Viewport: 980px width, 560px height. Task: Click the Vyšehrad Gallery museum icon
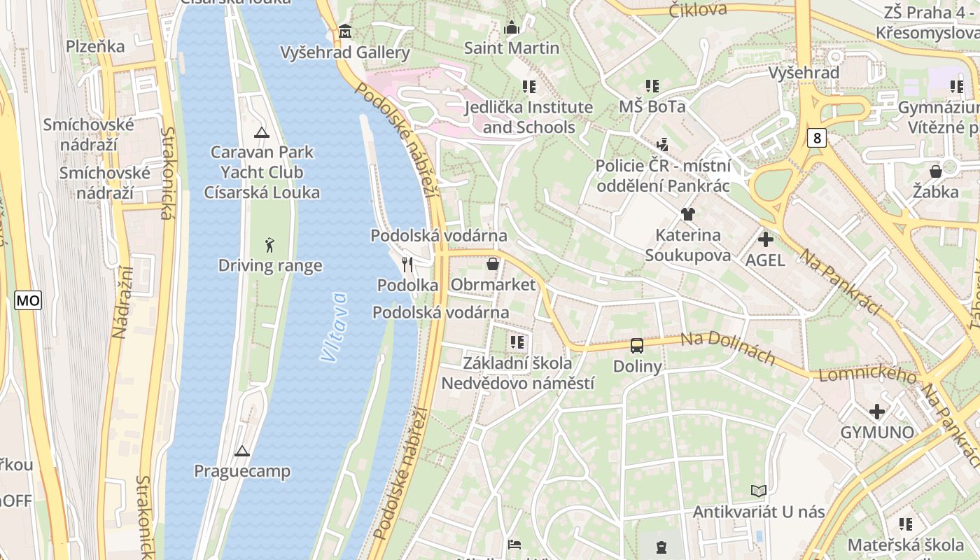345,31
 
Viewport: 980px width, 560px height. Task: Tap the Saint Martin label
512,48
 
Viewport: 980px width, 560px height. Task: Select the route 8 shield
816,138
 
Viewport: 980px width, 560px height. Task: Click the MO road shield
28,301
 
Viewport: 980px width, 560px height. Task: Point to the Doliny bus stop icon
637,346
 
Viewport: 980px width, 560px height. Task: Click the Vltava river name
335,327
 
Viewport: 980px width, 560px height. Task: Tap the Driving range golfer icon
270,245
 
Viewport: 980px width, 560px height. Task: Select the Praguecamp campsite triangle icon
242,451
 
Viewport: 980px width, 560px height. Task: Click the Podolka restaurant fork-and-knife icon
407,265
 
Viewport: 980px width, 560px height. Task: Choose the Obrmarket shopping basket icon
493,264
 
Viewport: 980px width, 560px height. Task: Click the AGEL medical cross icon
765,239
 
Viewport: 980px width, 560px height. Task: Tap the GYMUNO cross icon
877,412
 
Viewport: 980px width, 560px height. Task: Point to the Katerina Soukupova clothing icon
687,214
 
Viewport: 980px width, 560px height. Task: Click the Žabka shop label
936,191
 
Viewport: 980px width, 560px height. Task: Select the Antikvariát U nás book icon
759,491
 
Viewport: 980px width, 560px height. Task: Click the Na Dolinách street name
728,348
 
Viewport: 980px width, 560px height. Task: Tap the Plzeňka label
95,46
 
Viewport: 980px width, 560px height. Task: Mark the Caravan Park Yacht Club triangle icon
262,132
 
